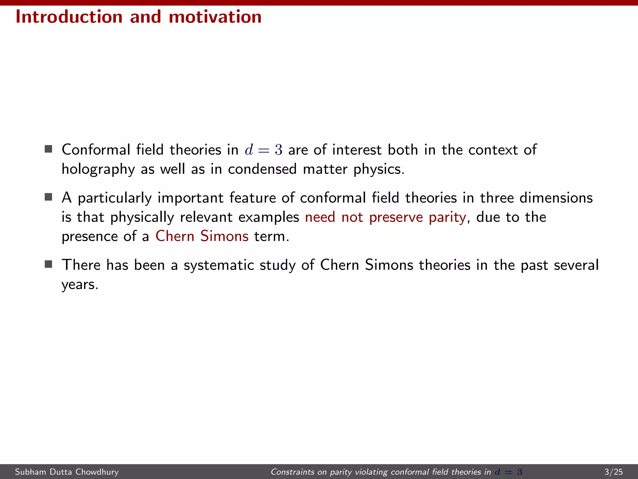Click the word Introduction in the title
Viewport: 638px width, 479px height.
tap(69, 17)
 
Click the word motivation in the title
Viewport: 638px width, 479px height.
tap(215, 17)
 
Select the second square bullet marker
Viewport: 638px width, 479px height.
tap(48, 197)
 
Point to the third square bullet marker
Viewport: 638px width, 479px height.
tap(48, 264)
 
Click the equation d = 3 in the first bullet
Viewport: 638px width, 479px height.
tap(264, 150)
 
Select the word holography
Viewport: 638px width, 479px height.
tap(98, 169)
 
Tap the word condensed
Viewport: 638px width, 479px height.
tap(262, 169)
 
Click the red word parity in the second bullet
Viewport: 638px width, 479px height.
tap(447, 217)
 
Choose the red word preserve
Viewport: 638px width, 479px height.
tap(396, 217)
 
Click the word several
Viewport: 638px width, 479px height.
tap(576, 265)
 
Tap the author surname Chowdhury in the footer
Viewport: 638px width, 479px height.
tap(97, 472)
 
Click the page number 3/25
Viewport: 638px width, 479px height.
tap(613, 472)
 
